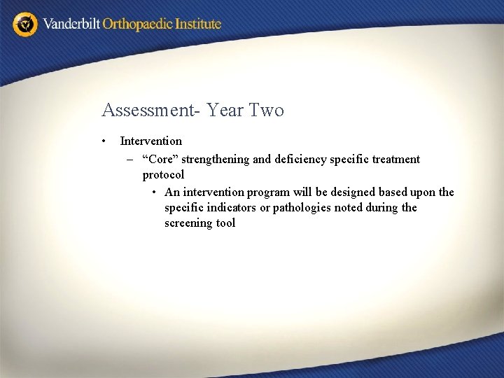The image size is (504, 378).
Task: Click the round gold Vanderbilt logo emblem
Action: point(25,24)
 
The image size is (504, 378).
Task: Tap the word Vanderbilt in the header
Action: point(71,24)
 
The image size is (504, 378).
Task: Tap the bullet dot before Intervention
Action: point(104,141)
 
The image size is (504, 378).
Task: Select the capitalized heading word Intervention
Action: point(150,141)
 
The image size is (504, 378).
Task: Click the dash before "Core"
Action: point(130,160)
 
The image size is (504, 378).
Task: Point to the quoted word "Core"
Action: point(160,160)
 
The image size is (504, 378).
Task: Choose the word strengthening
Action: point(216,160)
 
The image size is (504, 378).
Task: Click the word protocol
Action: point(163,175)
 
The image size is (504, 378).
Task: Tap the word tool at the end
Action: point(226,223)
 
